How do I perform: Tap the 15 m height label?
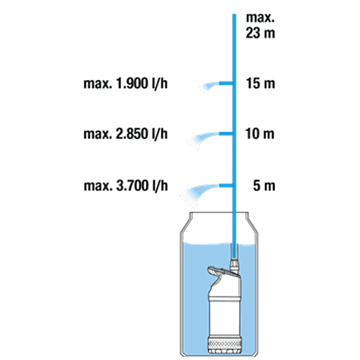pos(261,84)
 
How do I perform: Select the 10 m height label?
pos(260,134)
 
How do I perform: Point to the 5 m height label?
pos(264,186)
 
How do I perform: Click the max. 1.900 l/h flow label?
pos(125,84)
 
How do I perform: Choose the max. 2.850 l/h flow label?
pos(125,134)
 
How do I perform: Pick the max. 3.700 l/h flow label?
pos(126,186)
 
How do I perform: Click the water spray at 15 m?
pos(208,87)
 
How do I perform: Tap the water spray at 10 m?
pos(202,140)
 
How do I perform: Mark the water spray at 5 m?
pos(198,194)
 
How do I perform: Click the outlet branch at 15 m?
pos(226,84)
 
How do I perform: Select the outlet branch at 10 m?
pos(226,134)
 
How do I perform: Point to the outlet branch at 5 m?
pos(226,186)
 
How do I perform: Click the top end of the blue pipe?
pos(234,14)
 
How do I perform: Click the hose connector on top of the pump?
pos(234,265)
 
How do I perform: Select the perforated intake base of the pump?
pos(225,344)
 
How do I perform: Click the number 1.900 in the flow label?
pos(132,84)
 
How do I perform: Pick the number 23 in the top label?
pos(253,33)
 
